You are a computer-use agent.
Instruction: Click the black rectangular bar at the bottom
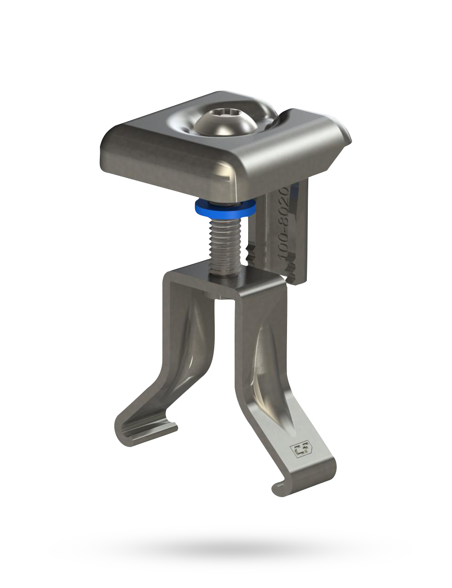(231, 549)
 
